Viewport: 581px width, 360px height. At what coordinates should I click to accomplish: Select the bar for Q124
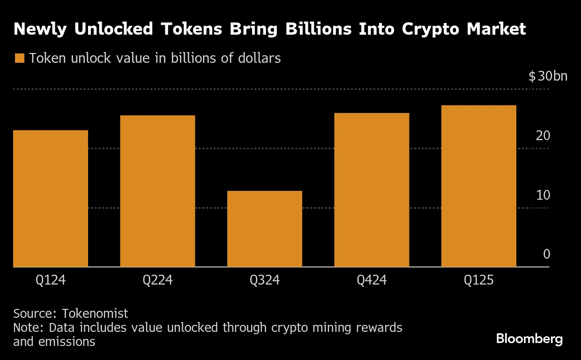51,198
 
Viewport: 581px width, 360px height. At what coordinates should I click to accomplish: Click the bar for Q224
157,191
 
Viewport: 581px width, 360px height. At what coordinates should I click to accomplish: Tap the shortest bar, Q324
265,229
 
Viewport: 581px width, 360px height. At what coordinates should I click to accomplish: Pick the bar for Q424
372,190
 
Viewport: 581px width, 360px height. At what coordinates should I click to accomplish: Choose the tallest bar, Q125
478,186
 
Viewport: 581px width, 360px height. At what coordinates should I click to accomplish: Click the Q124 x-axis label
51,280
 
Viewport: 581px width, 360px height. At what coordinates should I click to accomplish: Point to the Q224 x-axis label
157,280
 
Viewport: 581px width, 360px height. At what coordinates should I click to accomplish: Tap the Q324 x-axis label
265,280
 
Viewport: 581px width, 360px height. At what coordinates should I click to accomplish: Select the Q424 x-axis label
372,280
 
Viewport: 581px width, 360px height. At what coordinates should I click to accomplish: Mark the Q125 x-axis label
478,280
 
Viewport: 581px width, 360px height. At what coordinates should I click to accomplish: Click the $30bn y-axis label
548,76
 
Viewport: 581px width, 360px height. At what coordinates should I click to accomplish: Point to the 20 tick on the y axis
543,136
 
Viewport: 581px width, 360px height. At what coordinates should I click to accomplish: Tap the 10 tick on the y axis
543,195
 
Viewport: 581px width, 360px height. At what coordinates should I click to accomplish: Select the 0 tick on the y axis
546,254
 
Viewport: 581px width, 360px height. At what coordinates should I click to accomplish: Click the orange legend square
19,59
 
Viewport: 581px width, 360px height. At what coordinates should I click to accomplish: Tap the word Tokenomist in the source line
95,313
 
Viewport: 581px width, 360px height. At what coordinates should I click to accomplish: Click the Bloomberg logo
529,339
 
